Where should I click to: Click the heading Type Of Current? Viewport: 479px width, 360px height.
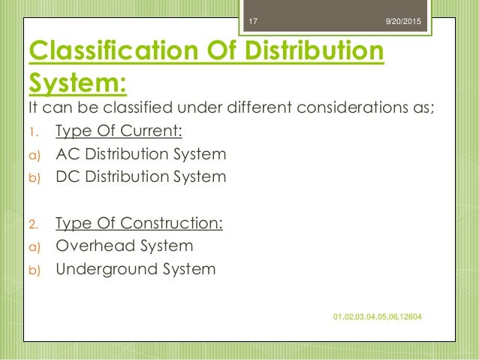point(119,133)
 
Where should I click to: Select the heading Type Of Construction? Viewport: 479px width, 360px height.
point(140,223)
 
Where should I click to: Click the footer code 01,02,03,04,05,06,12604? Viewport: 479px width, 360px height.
point(376,317)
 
